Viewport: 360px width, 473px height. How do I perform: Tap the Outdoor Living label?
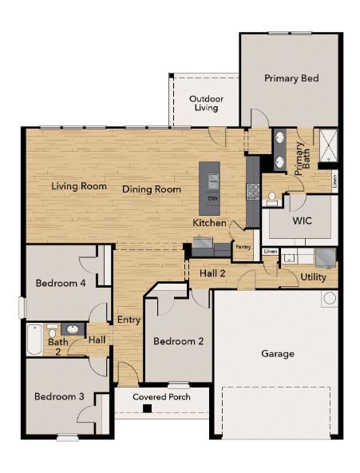coord(205,103)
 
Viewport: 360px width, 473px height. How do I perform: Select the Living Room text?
coord(79,186)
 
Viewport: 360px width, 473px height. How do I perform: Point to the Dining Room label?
coord(152,189)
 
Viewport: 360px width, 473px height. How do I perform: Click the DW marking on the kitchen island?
coord(212,198)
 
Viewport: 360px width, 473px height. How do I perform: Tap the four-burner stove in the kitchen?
coord(253,190)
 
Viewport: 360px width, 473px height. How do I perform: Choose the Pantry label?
coord(243,247)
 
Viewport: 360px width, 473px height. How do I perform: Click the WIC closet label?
coord(302,219)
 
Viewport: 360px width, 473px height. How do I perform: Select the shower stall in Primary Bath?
coord(327,145)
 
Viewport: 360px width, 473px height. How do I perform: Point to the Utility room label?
coord(313,276)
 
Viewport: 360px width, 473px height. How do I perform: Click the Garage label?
coord(278,353)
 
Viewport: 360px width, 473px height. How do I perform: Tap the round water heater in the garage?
coord(329,299)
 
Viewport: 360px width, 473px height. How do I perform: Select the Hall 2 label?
coord(212,273)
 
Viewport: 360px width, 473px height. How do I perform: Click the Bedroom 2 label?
coord(178,341)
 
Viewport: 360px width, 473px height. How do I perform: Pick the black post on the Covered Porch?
coord(147,409)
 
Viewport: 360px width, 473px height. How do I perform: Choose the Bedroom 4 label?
coord(60,283)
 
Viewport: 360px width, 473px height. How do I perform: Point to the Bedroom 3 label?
coord(58,396)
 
